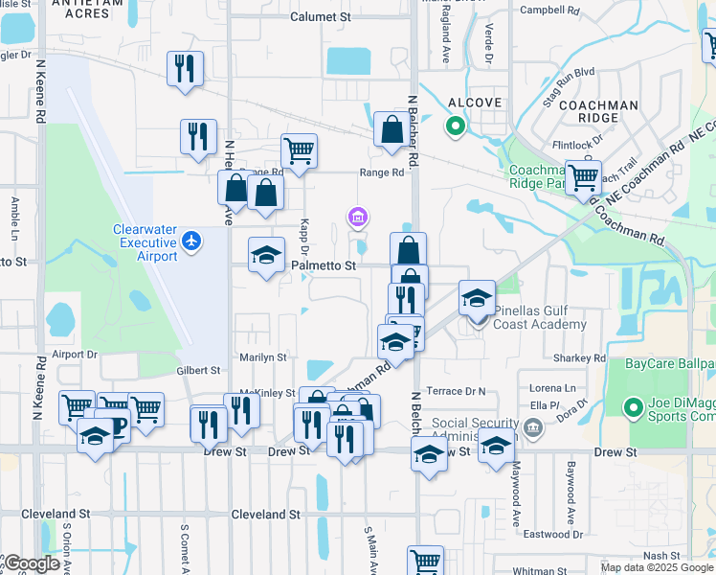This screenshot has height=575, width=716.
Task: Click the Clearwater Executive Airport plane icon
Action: click(x=192, y=239)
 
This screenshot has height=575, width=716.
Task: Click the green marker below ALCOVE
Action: click(x=456, y=125)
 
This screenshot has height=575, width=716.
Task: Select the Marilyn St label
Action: click(x=263, y=357)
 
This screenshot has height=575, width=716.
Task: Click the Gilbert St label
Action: click(x=198, y=371)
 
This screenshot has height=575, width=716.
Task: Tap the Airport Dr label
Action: click(x=76, y=354)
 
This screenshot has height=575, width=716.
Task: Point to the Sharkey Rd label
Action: click(x=580, y=358)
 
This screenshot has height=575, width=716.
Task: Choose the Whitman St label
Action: click(x=540, y=570)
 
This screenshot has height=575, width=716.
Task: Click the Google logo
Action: click(x=31, y=563)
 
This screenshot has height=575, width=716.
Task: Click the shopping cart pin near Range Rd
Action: click(x=299, y=150)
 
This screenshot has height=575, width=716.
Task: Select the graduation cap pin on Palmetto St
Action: click(x=267, y=255)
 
